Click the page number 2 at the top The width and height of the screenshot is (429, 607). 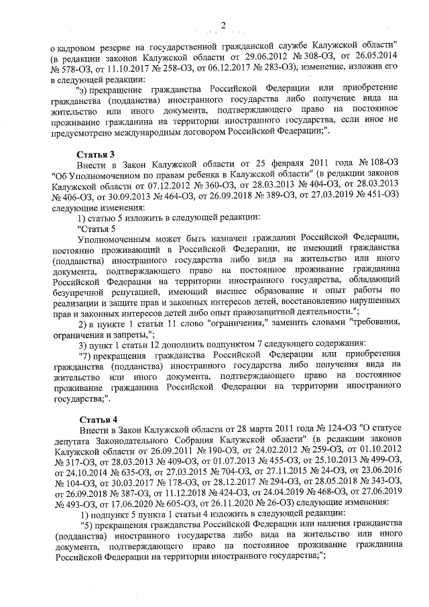click(x=223, y=25)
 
